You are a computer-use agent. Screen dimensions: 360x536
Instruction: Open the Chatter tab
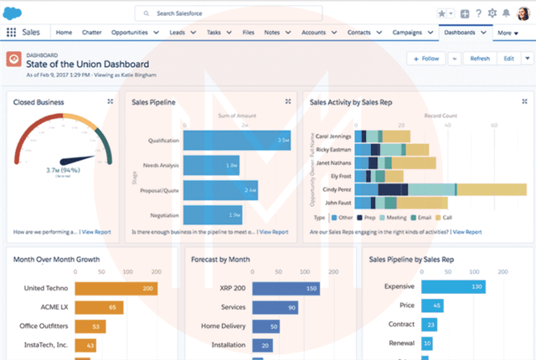pyautogui.click(x=92, y=33)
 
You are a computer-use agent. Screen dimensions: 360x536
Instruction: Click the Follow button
pyautogui.click(x=425, y=59)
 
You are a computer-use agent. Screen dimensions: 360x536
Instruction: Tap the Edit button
pyautogui.click(x=508, y=59)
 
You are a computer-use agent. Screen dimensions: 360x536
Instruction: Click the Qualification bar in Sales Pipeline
pyautogui.click(x=237, y=140)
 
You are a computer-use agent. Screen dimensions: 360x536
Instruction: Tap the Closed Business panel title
pyautogui.click(x=39, y=102)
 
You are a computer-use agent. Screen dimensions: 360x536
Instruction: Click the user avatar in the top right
pyautogui.click(x=523, y=13)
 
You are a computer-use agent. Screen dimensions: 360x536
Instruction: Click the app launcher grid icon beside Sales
pyautogui.click(x=11, y=33)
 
